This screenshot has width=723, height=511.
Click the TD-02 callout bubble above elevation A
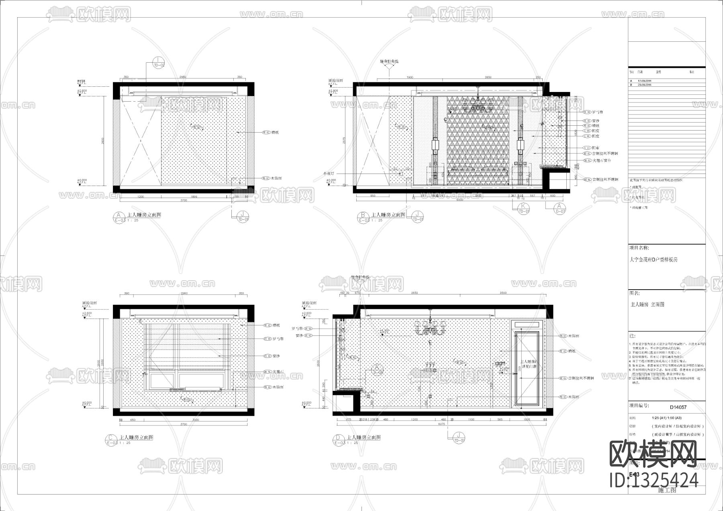[x=159, y=63]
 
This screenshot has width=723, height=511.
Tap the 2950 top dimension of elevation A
[x=183, y=77]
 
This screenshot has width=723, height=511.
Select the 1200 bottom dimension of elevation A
[x=141, y=197]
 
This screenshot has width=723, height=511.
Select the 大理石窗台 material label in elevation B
[x=602, y=160]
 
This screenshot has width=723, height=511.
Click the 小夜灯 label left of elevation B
[x=328, y=174]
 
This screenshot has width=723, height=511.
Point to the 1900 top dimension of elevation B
[x=410, y=77]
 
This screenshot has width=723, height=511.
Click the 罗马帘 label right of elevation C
[x=278, y=339]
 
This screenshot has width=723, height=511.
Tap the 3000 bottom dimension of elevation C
[x=195, y=420]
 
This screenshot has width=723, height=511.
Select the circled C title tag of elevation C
[x=110, y=438]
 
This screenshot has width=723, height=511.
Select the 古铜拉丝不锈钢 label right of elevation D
[x=581, y=378]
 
